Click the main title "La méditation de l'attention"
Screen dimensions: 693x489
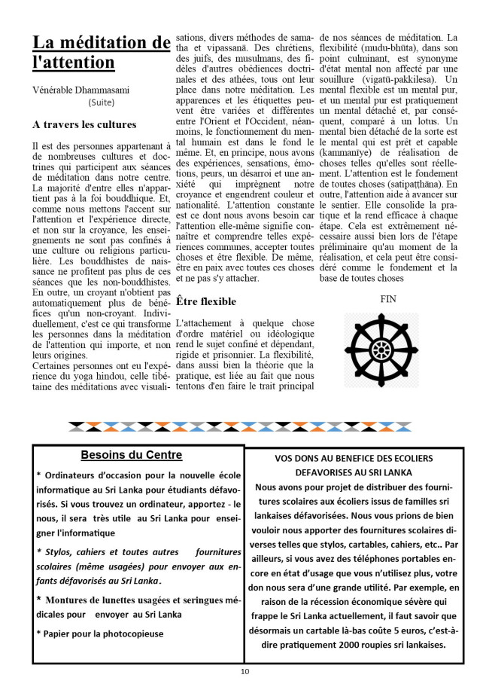(x=100, y=53)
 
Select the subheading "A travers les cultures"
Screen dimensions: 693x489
(x=84, y=124)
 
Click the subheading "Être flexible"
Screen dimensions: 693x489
(x=205, y=301)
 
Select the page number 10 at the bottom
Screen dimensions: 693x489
(x=244, y=671)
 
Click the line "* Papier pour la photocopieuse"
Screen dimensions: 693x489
(x=99, y=633)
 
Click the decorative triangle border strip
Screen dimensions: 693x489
(x=244, y=427)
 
